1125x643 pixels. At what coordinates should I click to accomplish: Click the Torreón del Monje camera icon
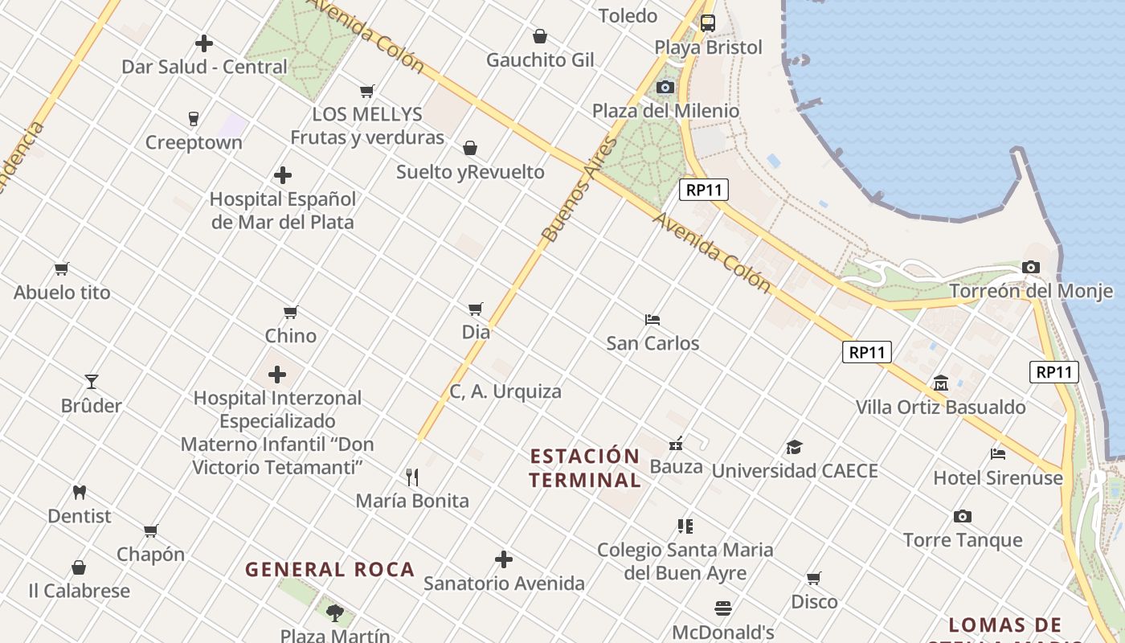(1030, 268)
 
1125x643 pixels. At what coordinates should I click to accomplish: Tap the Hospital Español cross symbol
(282, 175)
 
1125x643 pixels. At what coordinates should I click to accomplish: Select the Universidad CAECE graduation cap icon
(794, 448)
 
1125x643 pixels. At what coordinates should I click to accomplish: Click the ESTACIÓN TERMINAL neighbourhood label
(585, 468)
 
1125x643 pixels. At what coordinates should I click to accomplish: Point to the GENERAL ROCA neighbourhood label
(329, 570)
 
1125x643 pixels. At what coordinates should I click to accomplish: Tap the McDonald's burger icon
(723, 608)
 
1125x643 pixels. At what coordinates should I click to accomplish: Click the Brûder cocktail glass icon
(92, 382)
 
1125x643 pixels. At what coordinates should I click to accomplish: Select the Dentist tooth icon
(79, 492)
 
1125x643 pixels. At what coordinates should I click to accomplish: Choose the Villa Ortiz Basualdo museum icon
(940, 383)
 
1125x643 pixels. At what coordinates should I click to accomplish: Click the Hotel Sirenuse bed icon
(998, 454)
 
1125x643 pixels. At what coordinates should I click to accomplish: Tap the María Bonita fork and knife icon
(412, 477)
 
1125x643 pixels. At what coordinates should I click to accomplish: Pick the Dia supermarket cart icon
(476, 309)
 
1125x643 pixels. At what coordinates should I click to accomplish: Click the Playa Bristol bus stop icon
(707, 23)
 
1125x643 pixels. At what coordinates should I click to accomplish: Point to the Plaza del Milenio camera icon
(665, 87)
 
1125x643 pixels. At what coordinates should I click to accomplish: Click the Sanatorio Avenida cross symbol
(504, 559)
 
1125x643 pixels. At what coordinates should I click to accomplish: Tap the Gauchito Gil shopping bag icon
(540, 36)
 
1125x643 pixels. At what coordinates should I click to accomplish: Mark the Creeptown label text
(194, 143)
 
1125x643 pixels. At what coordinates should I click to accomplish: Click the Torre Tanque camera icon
(962, 516)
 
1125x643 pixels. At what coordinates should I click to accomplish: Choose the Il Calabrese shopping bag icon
(79, 567)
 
